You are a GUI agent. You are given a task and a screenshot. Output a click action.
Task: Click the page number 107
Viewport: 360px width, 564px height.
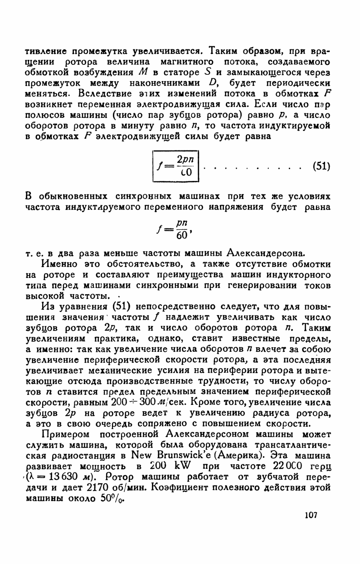310,515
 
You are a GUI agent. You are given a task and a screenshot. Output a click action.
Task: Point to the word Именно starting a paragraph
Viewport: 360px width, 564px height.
58,264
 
